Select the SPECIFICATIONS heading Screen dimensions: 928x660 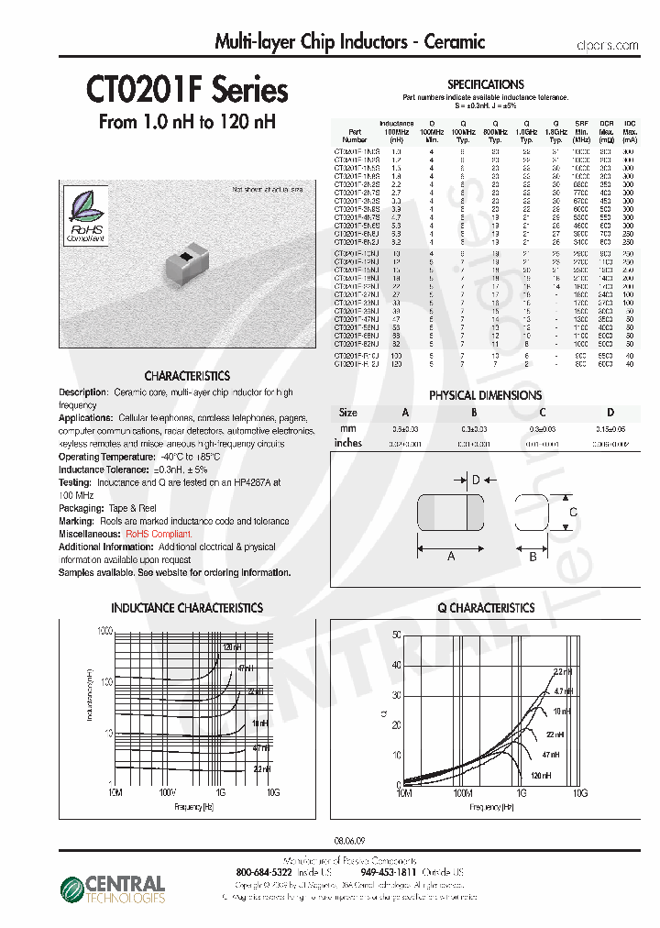(x=485, y=84)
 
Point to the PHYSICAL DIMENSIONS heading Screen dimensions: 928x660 (x=485, y=395)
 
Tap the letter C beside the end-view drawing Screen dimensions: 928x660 (x=573, y=512)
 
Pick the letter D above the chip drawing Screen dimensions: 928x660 (x=476, y=479)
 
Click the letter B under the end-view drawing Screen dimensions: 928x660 (x=533, y=556)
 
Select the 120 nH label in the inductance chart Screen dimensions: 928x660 (x=232, y=647)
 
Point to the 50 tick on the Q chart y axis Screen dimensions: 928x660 (x=395, y=634)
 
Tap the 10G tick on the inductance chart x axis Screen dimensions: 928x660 (x=273, y=791)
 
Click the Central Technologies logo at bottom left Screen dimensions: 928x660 (x=112, y=889)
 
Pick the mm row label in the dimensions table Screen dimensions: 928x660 (x=347, y=428)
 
